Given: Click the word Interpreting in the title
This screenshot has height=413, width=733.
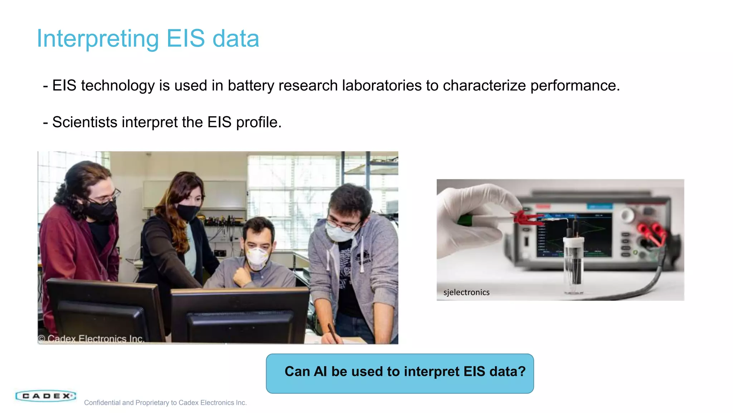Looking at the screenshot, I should [x=98, y=39].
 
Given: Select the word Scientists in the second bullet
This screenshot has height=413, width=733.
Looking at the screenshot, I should [x=84, y=122].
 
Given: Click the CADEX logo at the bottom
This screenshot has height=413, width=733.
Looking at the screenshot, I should [x=45, y=396].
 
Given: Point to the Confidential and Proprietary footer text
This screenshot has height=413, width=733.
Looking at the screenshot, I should [x=165, y=403].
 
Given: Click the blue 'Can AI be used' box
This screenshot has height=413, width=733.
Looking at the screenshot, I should [x=399, y=373].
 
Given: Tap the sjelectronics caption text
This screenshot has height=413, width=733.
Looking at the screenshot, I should [x=466, y=292].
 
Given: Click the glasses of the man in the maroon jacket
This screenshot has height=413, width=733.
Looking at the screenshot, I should [x=107, y=196].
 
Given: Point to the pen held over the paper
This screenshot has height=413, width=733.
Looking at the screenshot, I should [x=332, y=332].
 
